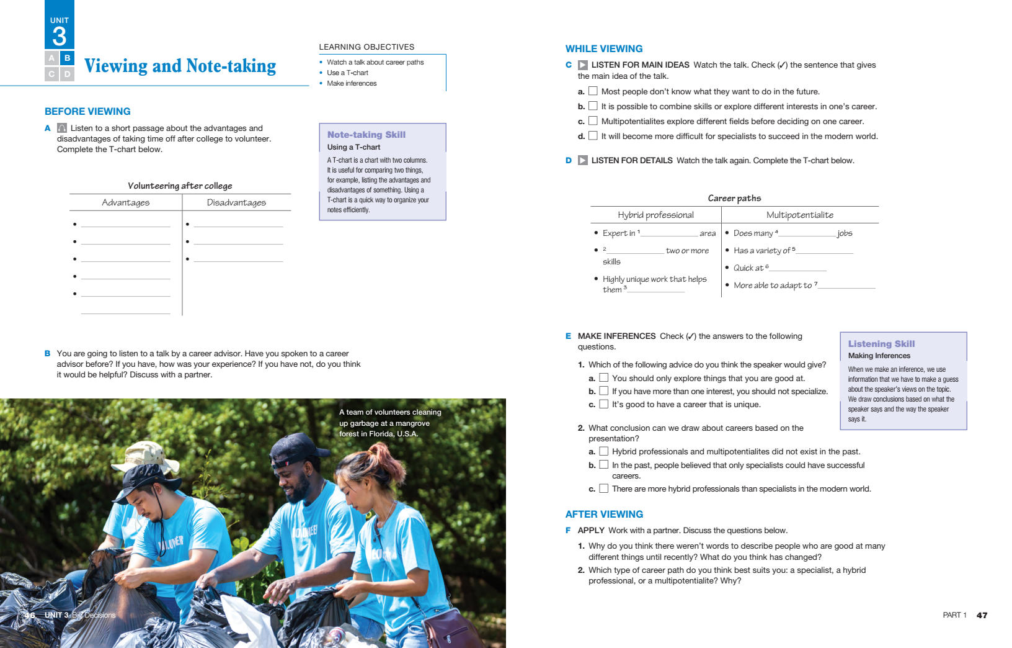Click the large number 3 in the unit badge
click(60, 36)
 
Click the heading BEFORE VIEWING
click(87, 112)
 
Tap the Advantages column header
click(125, 202)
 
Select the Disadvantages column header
click(236, 202)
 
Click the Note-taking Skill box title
click(366, 135)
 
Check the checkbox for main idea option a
click(593, 91)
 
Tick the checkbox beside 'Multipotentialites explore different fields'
click(593, 121)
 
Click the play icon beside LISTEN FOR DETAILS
click(583, 160)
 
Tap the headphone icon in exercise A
click(62, 128)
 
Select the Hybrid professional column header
click(655, 215)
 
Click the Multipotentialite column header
click(799, 215)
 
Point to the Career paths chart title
click(734, 198)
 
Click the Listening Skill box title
click(881, 344)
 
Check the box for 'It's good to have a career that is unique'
click(603, 404)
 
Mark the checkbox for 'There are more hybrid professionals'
click(603, 488)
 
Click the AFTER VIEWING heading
click(604, 514)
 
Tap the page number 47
click(982, 615)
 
